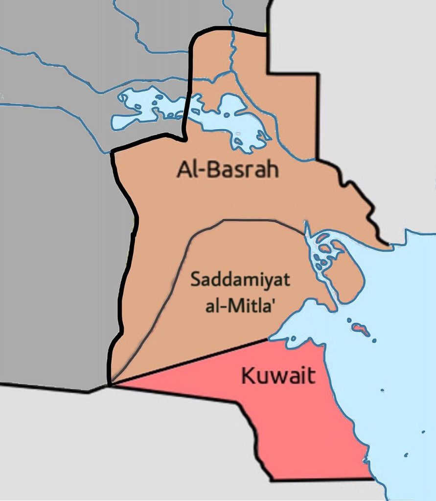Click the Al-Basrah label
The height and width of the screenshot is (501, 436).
tap(228, 170)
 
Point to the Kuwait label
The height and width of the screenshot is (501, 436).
tap(278, 376)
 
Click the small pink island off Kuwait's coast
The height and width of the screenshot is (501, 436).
tap(361, 328)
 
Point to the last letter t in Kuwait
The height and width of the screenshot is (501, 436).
tap(311, 376)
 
